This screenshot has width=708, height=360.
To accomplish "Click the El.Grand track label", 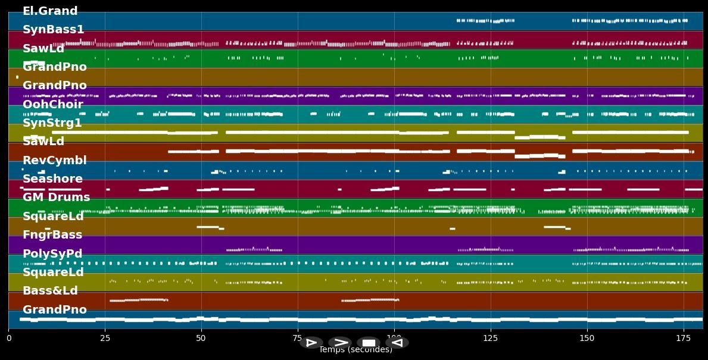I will (x=50, y=11).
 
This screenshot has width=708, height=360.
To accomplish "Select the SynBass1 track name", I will (x=53, y=30).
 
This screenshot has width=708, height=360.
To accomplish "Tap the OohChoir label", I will (x=52, y=105).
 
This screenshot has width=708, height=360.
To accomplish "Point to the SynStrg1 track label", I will (x=52, y=123).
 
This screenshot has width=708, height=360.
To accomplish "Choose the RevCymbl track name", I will (x=54, y=161).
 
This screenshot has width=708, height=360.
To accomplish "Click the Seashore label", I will (x=52, y=179).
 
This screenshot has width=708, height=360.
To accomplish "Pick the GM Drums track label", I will (x=56, y=198).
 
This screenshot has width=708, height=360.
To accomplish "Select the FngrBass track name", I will (x=52, y=235).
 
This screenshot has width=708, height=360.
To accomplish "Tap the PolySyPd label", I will (x=52, y=254).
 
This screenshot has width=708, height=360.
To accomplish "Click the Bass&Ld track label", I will (x=50, y=291).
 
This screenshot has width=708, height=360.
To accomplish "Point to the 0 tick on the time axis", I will (x=8, y=338).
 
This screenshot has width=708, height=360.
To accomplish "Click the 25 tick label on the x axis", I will (x=105, y=338).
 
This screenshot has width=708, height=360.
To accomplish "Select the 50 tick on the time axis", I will (x=201, y=338).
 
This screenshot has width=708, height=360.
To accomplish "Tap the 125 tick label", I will (x=491, y=338).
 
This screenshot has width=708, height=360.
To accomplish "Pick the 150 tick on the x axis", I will (x=587, y=338).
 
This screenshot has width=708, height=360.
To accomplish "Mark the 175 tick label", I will (x=684, y=338).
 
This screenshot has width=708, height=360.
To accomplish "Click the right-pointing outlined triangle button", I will (x=311, y=343).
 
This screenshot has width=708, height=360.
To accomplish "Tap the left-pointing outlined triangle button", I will (x=397, y=343).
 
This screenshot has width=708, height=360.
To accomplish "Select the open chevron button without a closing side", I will (x=340, y=343).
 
